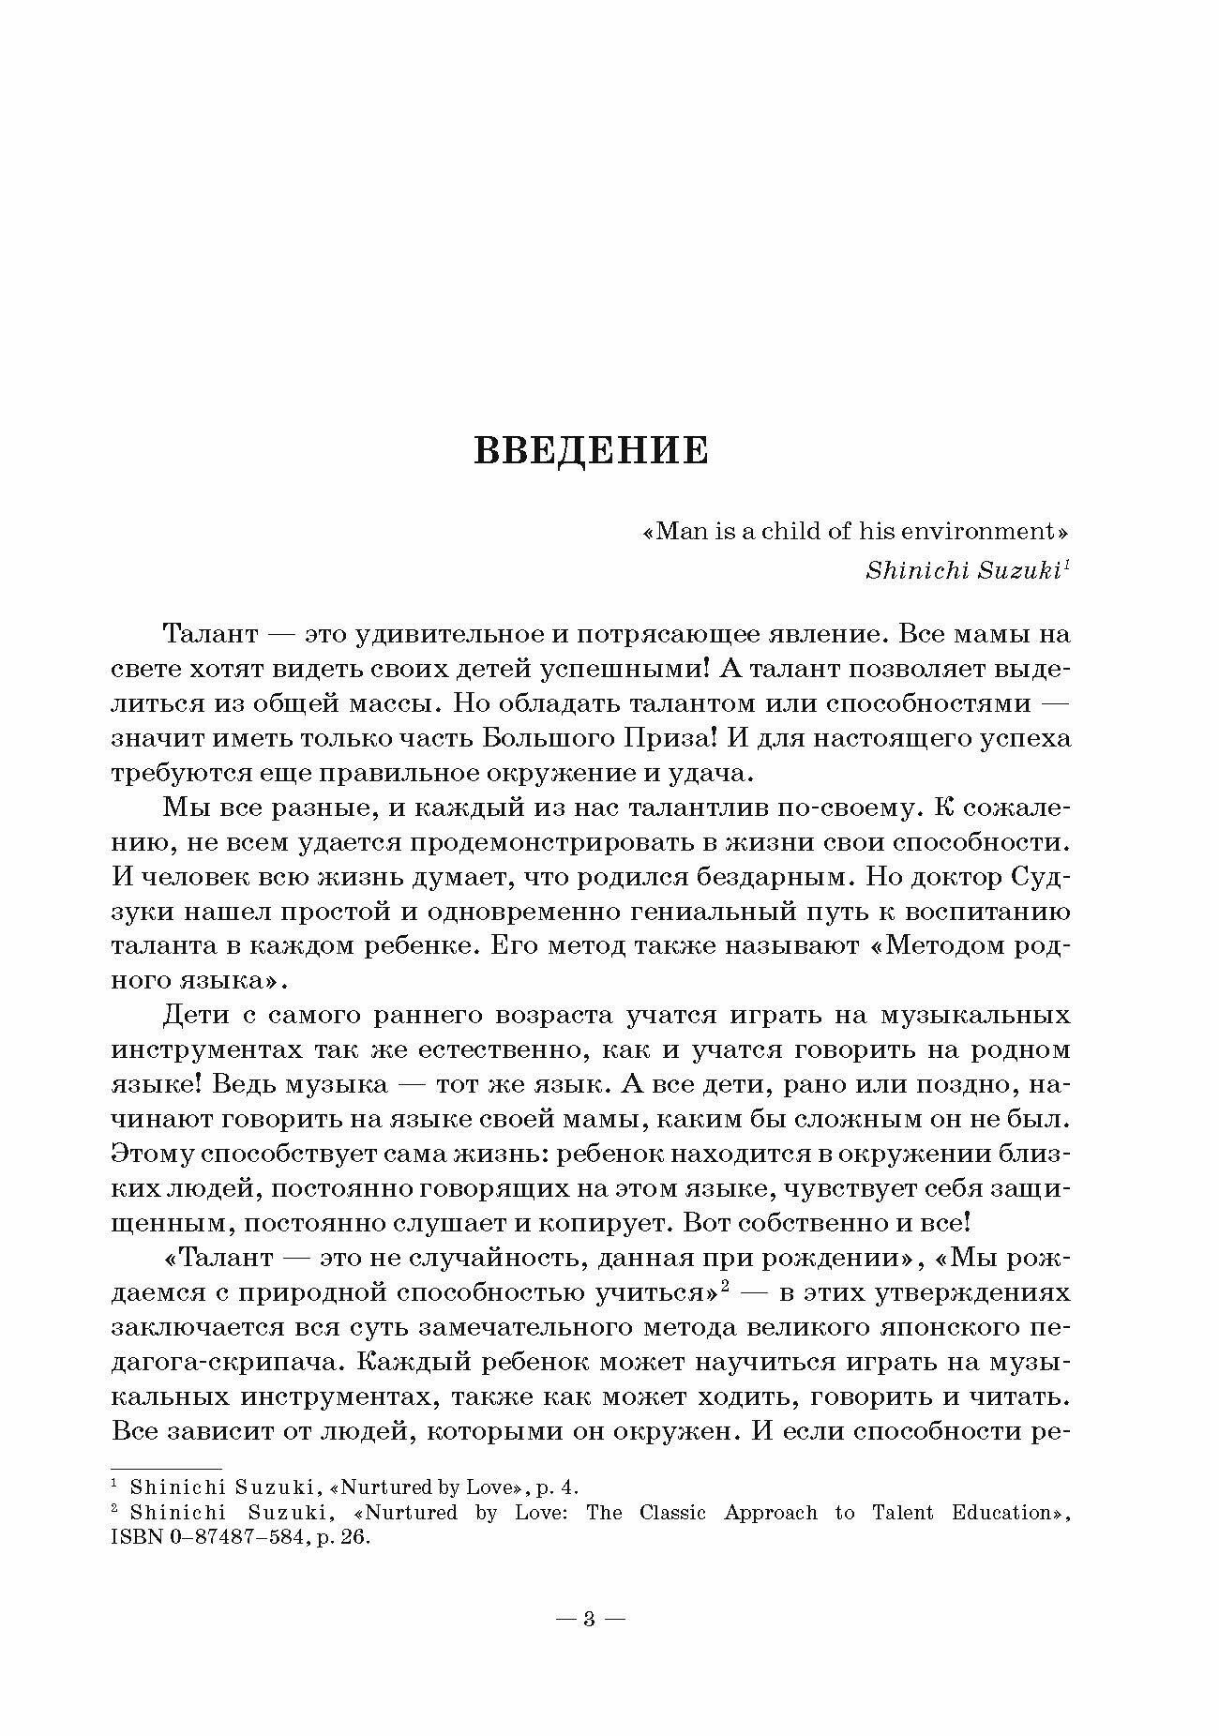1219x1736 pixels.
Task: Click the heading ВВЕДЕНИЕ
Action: (591, 450)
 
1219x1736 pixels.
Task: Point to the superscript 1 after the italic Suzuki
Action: (1067, 565)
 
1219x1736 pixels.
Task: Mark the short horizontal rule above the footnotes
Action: (166, 1468)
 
